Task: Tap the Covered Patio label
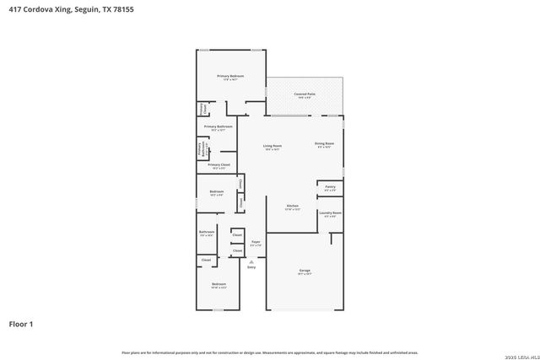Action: coord(305,94)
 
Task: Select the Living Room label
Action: coord(272,147)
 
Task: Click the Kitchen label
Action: coord(293,207)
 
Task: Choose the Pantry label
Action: coord(330,187)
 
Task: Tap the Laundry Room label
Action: coord(330,214)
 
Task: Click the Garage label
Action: coord(304,271)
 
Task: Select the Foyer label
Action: coord(255,243)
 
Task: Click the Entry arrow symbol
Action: coord(251,262)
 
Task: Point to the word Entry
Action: coord(251,268)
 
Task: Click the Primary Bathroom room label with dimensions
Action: coord(218,127)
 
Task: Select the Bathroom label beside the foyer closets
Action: coord(207,233)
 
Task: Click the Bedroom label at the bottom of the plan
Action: coord(219,285)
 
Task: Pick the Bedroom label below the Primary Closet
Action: coord(216,193)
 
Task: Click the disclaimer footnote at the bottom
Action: coord(269,352)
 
